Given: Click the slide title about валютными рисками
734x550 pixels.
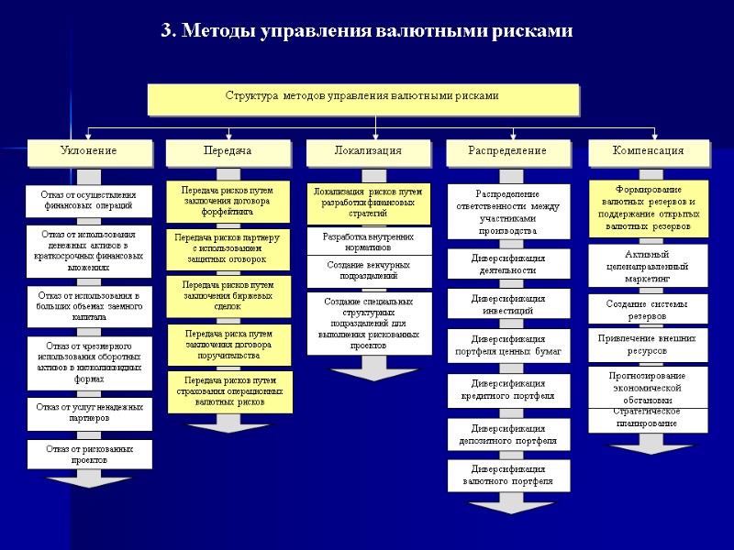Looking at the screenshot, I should pos(366,31).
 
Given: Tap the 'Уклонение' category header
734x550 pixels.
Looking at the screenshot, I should pos(88,151).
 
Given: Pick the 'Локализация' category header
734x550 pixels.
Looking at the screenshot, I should pos(367,151).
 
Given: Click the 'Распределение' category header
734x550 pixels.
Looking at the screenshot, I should pos(506,151).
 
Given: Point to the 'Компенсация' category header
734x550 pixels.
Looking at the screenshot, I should pos(649,151).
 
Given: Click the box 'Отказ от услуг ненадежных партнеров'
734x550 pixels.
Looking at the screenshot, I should pos(88,412).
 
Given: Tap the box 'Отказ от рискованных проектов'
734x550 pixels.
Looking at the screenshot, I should pos(88,454).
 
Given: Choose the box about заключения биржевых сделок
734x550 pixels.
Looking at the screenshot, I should pos(229,296).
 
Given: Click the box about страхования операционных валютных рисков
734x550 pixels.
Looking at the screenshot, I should pos(229,390).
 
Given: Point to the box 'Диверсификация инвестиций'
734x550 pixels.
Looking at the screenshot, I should pos(507,304).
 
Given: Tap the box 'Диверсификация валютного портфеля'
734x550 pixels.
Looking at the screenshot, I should pos(507,475).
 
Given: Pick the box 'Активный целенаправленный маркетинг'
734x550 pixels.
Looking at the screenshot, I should pos(648,265).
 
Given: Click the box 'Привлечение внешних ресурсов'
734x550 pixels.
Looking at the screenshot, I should pos(648,344).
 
